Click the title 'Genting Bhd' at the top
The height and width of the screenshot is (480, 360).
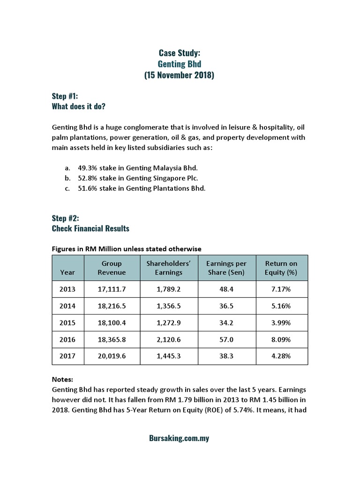179,65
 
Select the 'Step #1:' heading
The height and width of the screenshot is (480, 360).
65,96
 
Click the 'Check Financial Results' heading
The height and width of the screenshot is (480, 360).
90,228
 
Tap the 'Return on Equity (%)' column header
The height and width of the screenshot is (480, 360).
281,268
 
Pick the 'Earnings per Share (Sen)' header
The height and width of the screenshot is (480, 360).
226,268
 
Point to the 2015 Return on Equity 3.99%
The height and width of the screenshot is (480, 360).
281,322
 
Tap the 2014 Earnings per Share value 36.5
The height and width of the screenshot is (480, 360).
226,306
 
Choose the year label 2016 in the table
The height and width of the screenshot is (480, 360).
67,339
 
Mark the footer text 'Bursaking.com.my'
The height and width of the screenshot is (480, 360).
179,439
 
